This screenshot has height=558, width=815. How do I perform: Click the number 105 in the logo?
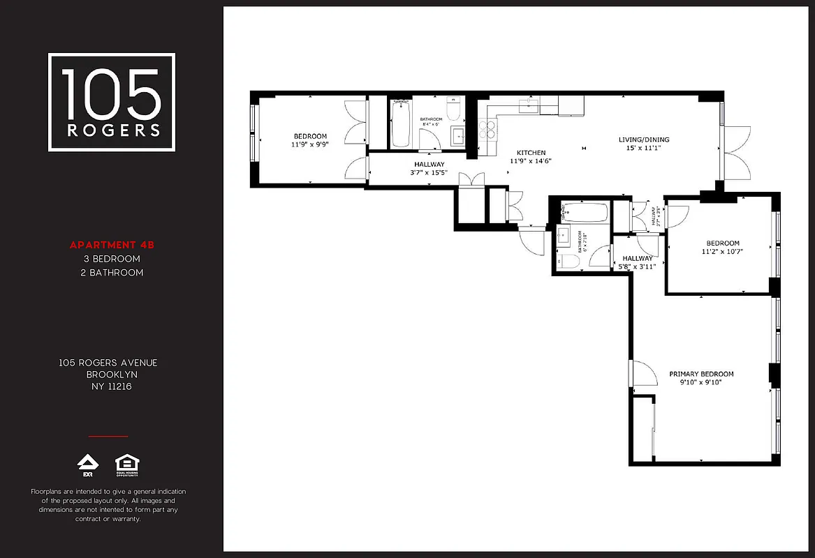112,93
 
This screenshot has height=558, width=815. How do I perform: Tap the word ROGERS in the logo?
112,130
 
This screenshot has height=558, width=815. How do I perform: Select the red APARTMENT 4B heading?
112,245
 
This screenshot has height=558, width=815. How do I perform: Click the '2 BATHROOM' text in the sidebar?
112,273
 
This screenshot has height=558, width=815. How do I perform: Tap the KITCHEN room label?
531,153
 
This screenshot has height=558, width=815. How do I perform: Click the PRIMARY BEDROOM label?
701,374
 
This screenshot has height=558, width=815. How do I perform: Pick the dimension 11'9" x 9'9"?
310,144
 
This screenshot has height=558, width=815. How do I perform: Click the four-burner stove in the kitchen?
486,130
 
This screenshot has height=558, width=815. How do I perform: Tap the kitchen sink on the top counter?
528,105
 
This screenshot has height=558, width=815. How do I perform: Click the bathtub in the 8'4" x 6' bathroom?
401,124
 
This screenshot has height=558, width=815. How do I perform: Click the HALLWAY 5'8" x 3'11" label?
637,262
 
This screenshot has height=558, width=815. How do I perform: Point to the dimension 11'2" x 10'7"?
722,252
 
